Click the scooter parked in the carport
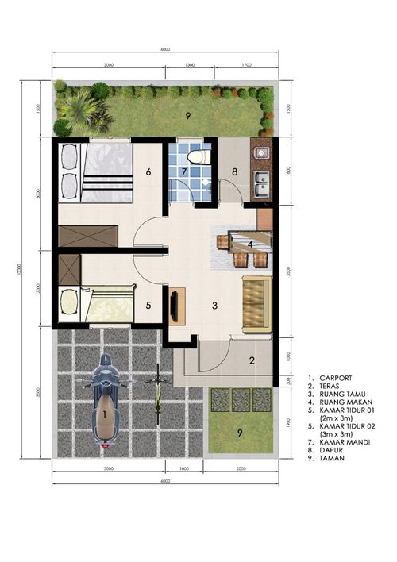(105, 403)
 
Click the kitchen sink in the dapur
(260, 185)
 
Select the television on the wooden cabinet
(175, 306)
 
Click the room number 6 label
(148, 171)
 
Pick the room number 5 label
(148, 302)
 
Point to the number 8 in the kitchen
(235, 171)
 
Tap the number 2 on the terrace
(252, 360)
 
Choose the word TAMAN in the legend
(332, 479)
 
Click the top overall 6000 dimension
(164, 50)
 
